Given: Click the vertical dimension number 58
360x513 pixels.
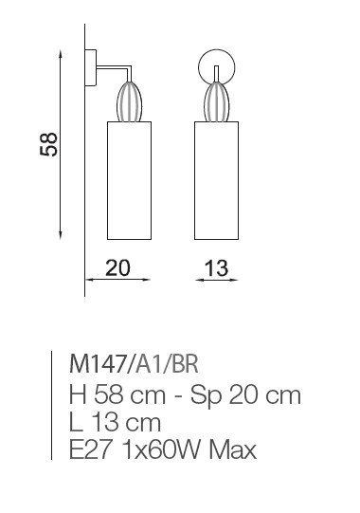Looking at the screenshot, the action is pyautogui.click(x=48, y=144).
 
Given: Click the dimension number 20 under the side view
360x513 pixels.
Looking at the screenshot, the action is pyautogui.click(x=117, y=268).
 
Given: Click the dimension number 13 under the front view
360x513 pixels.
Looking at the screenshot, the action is pyautogui.click(x=216, y=268).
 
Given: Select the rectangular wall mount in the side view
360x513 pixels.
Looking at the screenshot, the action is pyautogui.click(x=91, y=67).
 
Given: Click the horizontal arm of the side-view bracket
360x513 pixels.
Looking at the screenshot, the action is pyautogui.click(x=114, y=67).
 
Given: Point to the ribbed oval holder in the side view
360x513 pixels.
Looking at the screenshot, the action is pyautogui.click(x=129, y=101).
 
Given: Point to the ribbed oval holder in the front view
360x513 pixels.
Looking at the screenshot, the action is pyautogui.click(x=216, y=101).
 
